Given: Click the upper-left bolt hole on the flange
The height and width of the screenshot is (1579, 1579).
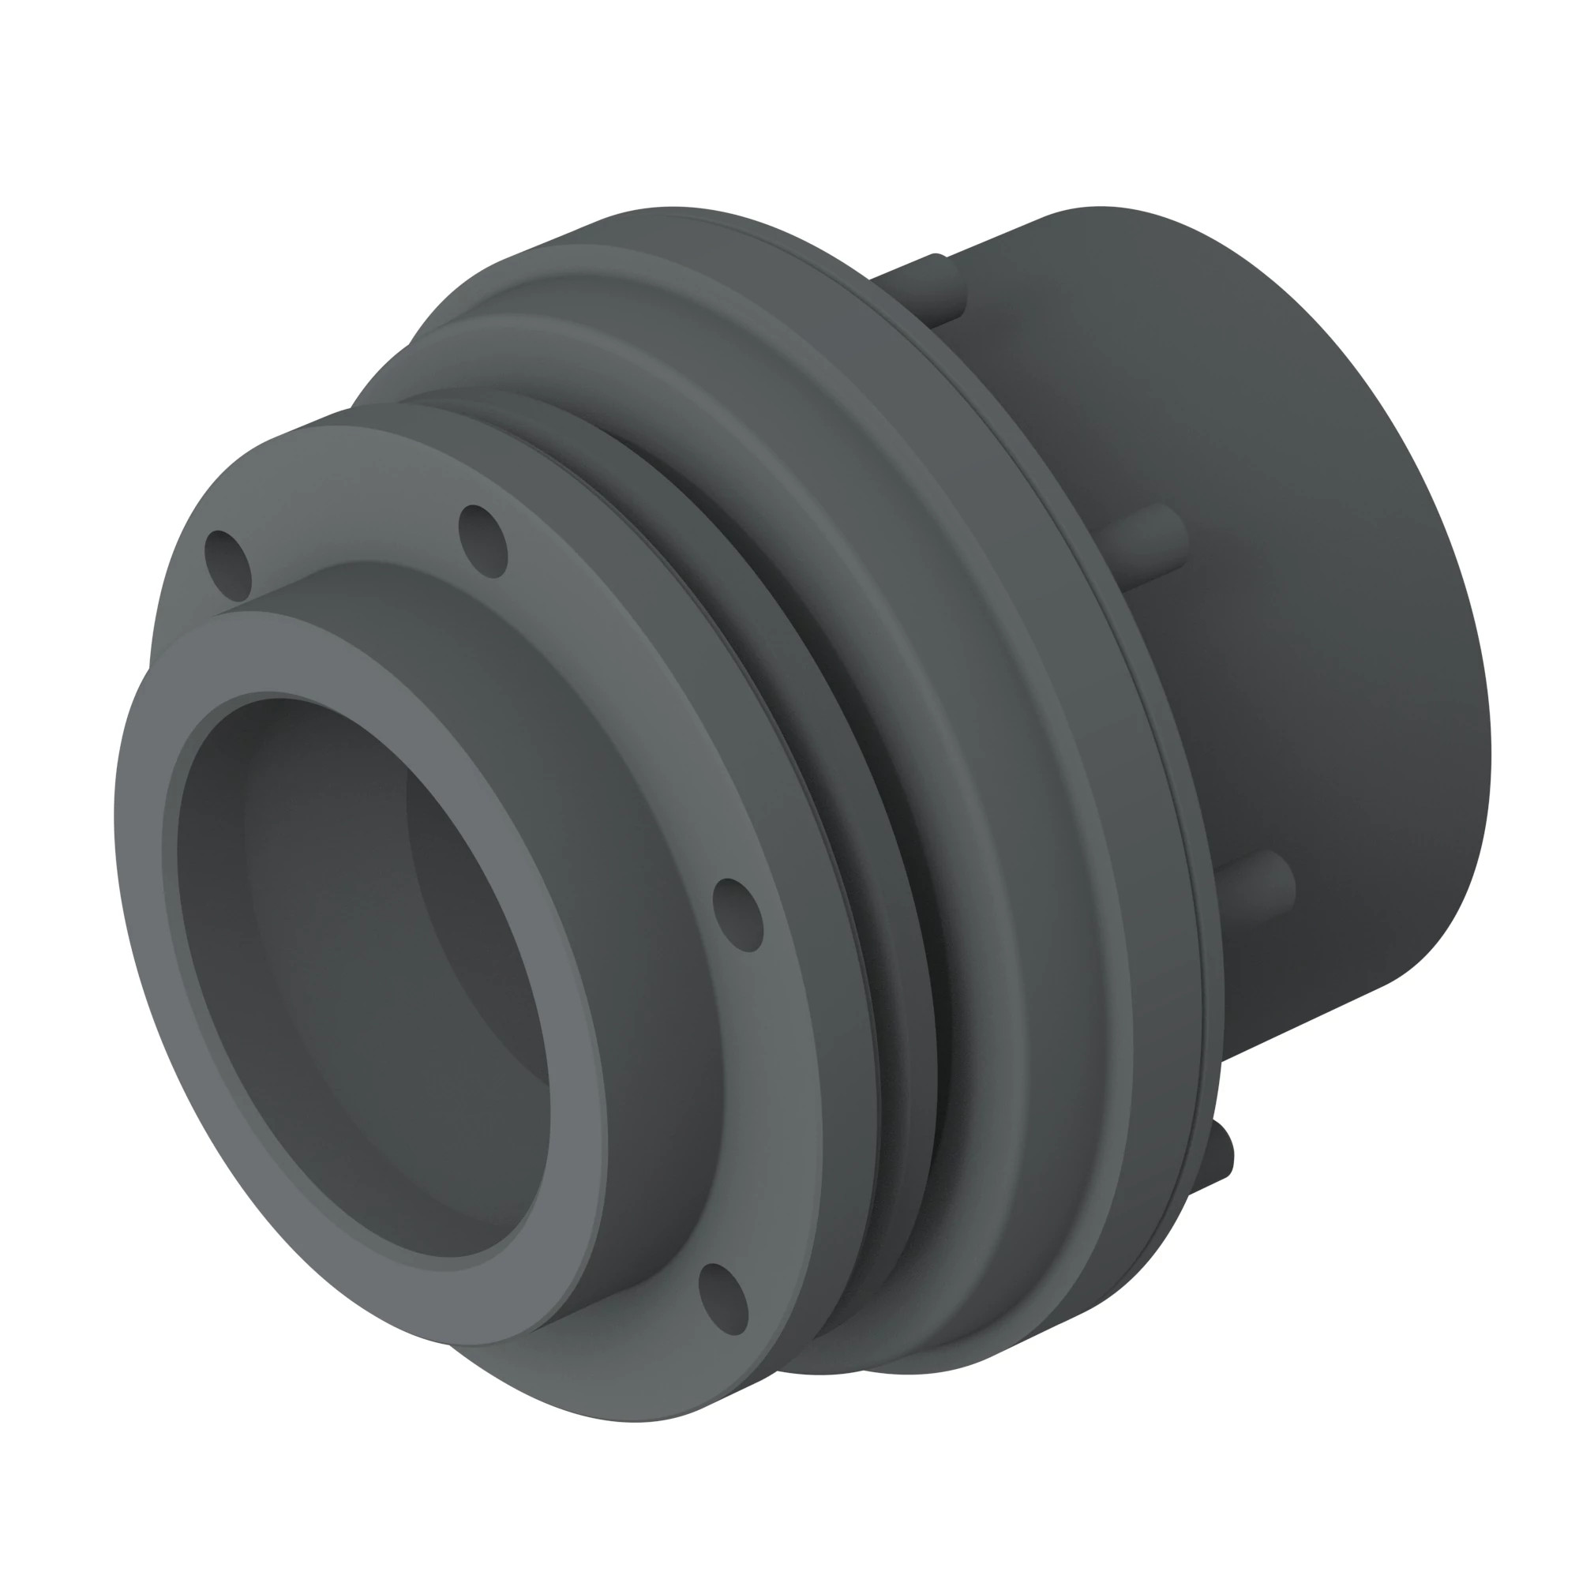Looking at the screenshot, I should pos(227,564).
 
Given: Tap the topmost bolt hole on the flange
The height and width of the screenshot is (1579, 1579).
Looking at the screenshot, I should pos(483,541).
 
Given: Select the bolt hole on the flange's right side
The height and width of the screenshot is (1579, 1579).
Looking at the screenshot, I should pos(737,915).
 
